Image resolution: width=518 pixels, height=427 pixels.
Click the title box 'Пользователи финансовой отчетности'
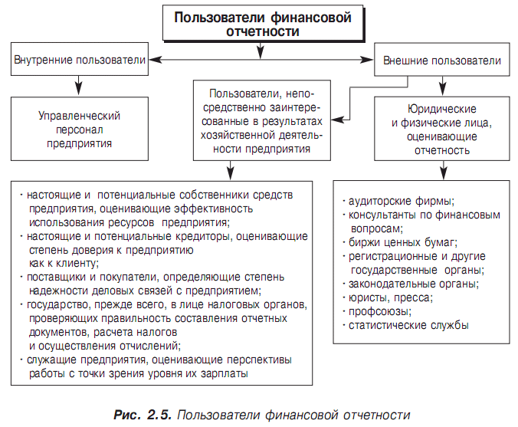[263, 23]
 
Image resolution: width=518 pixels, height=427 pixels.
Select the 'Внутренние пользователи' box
[80, 59]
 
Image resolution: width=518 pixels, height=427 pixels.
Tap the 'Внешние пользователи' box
[441, 60]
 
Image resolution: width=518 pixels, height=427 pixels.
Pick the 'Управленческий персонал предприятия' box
[80, 129]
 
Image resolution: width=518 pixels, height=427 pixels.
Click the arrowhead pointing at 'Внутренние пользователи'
[156, 60]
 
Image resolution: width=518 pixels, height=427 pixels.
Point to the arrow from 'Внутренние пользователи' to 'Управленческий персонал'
[78, 86]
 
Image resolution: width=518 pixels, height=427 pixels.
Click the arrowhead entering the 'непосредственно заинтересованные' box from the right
[337, 120]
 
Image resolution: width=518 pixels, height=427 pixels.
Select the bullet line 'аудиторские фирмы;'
[398, 201]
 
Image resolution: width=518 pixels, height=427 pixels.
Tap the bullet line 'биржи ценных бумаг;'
[400, 242]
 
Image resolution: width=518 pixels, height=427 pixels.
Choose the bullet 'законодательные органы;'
[411, 284]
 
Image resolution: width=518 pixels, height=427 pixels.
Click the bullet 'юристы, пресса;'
[388, 297]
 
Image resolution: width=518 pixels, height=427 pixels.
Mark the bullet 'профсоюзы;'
[377, 311]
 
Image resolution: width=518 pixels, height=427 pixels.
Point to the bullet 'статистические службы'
[405, 325]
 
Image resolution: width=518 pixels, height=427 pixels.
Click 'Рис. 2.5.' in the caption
[143, 415]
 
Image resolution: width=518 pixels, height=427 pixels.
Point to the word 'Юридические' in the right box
[441, 109]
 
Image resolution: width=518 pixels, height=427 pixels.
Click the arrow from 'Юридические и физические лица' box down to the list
[443, 170]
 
